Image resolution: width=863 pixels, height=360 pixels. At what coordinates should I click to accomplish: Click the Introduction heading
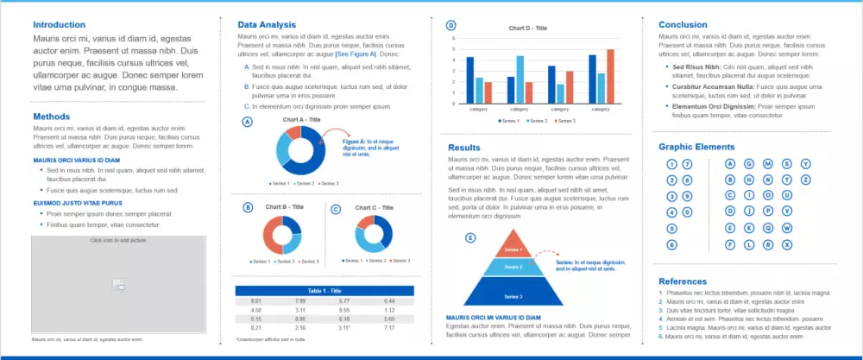pyautogui.click(x=59, y=25)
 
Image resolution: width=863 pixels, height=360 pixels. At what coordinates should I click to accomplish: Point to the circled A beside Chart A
pyautogui.click(x=248, y=123)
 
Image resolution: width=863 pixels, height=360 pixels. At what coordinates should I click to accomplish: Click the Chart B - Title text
pyautogui.click(x=285, y=207)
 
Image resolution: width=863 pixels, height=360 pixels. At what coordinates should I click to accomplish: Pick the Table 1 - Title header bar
pyautogui.click(x=324, y=290)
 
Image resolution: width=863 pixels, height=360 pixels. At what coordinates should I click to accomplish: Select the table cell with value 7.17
pyautogui.click(x=389, y=328)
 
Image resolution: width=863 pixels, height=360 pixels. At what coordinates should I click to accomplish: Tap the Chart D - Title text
pyautogui.click(x=529, y=28)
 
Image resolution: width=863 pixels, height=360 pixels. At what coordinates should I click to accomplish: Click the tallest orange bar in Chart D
pyautogui.click(x=611, y=76)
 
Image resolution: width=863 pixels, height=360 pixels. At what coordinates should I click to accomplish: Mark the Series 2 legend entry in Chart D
pyautogui.click(x=538, y=121)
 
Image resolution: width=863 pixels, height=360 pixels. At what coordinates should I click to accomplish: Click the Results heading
pyautogui.click(x=463, y=148)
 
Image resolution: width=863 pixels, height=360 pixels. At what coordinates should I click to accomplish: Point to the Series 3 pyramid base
pyautogui.click(x=513, y=296)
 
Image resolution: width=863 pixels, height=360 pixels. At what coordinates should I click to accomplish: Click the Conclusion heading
pyautogui.click(x=683, y=25)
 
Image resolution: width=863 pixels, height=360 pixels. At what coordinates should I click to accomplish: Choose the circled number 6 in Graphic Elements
pyautogui.click(x=671, y=244)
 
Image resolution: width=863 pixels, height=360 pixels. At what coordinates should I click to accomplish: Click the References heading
pyautogui.click(x=683, y=281)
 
